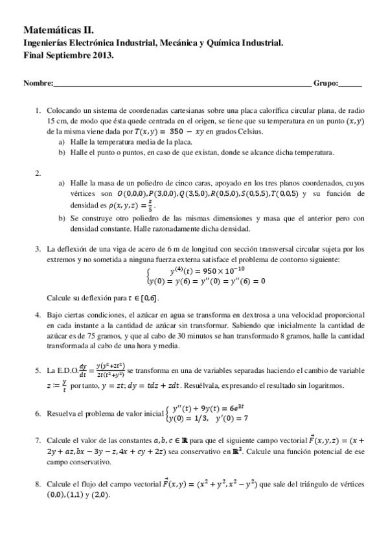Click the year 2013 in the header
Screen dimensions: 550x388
point(104,55)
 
